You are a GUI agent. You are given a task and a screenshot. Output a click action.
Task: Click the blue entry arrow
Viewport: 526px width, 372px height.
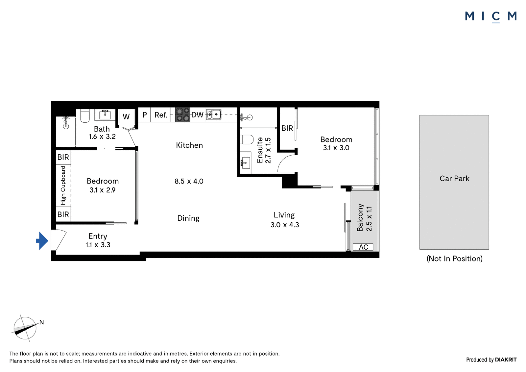coord(42,241)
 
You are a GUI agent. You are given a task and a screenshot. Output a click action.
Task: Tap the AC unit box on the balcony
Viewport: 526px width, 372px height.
coord(363,247)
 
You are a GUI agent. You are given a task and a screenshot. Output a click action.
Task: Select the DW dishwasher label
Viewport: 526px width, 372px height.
coord(197,115)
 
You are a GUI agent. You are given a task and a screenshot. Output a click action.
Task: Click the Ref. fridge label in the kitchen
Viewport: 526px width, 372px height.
coord(161,115)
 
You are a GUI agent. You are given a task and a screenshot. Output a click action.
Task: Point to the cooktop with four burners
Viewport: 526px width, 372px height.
coord(182,115)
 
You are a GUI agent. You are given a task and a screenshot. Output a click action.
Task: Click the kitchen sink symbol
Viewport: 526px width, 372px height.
coord(213,115)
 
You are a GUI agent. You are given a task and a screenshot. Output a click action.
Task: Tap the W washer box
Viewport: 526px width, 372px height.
coord(126,116)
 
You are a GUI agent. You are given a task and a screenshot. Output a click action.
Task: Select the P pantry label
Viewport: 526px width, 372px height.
coord(144,115)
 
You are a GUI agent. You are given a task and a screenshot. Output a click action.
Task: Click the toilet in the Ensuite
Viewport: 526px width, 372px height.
coord(247,139)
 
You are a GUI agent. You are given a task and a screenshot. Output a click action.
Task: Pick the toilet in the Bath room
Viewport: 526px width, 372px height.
coord(85,116)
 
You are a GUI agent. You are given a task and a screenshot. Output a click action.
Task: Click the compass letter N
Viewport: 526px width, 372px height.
coord(41,322)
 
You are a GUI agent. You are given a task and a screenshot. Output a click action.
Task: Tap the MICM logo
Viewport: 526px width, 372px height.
coord(491,16)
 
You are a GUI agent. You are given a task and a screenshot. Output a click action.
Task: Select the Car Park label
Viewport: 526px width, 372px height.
coord(454,179)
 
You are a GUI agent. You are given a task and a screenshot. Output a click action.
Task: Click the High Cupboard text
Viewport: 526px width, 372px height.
coord(63,186)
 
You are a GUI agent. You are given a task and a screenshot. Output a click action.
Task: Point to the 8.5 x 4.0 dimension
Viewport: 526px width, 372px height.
coord(189,181)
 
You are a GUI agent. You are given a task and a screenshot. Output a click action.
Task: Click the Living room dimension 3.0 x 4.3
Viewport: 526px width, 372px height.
coord(285,225)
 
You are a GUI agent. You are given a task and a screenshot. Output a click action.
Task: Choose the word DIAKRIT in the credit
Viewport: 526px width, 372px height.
coord(506,360)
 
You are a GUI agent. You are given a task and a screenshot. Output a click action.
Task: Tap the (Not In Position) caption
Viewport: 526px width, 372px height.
coord(454,259)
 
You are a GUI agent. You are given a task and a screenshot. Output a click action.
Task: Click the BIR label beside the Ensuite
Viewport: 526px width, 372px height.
coord(287,128)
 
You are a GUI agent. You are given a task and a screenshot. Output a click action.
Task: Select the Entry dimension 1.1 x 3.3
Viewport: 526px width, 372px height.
coord(98,245)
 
